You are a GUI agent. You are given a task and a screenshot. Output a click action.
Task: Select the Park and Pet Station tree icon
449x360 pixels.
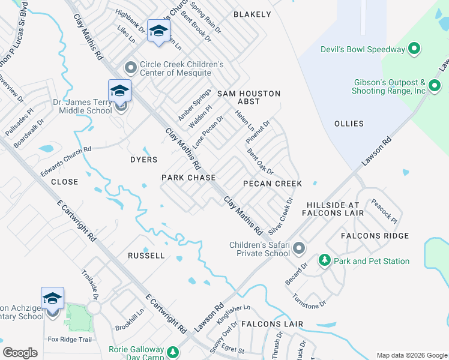pyautogui.click(x=325, y=260)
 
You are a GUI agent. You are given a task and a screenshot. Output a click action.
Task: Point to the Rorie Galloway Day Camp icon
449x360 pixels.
pyautogui.click(x=173, y=352)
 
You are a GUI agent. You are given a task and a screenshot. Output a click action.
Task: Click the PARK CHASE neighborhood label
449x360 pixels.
pyautogui.click(x=188, y=178)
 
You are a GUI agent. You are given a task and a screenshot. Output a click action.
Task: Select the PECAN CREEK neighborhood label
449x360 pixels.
pyautogui.click(x=272, y=183)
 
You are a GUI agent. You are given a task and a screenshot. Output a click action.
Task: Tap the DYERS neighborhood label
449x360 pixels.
pyautogui.click(x=143, y=160)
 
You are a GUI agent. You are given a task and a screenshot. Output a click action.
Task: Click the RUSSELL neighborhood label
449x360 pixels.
pyautogui.click(x=146, y=256)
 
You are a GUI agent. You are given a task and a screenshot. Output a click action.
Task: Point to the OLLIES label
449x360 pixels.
pyautogui.click(x=349, y=124)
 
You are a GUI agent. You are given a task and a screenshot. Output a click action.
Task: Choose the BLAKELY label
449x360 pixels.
pyautogui.click(x=252, y=14)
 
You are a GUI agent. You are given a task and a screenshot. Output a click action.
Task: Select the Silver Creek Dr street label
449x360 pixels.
pyautogui.click(x=280, y=216)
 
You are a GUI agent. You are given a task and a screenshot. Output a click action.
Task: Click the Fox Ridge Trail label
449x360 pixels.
pyautogui.click(x=70, y=340)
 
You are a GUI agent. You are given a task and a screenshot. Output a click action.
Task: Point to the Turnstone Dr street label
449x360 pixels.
pyautogui.click(x=309, y=301)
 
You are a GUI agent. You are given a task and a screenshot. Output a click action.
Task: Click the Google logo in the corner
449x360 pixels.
pyautogui.click(x=20, y=353)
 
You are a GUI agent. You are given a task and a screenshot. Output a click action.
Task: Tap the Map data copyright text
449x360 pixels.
pyautogui.click(x=411, y=355)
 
